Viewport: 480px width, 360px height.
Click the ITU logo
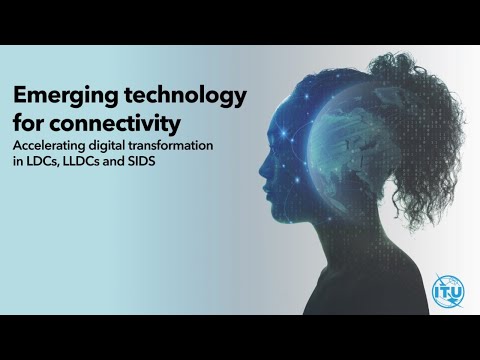pyautogui.click(x=447, y=291)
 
